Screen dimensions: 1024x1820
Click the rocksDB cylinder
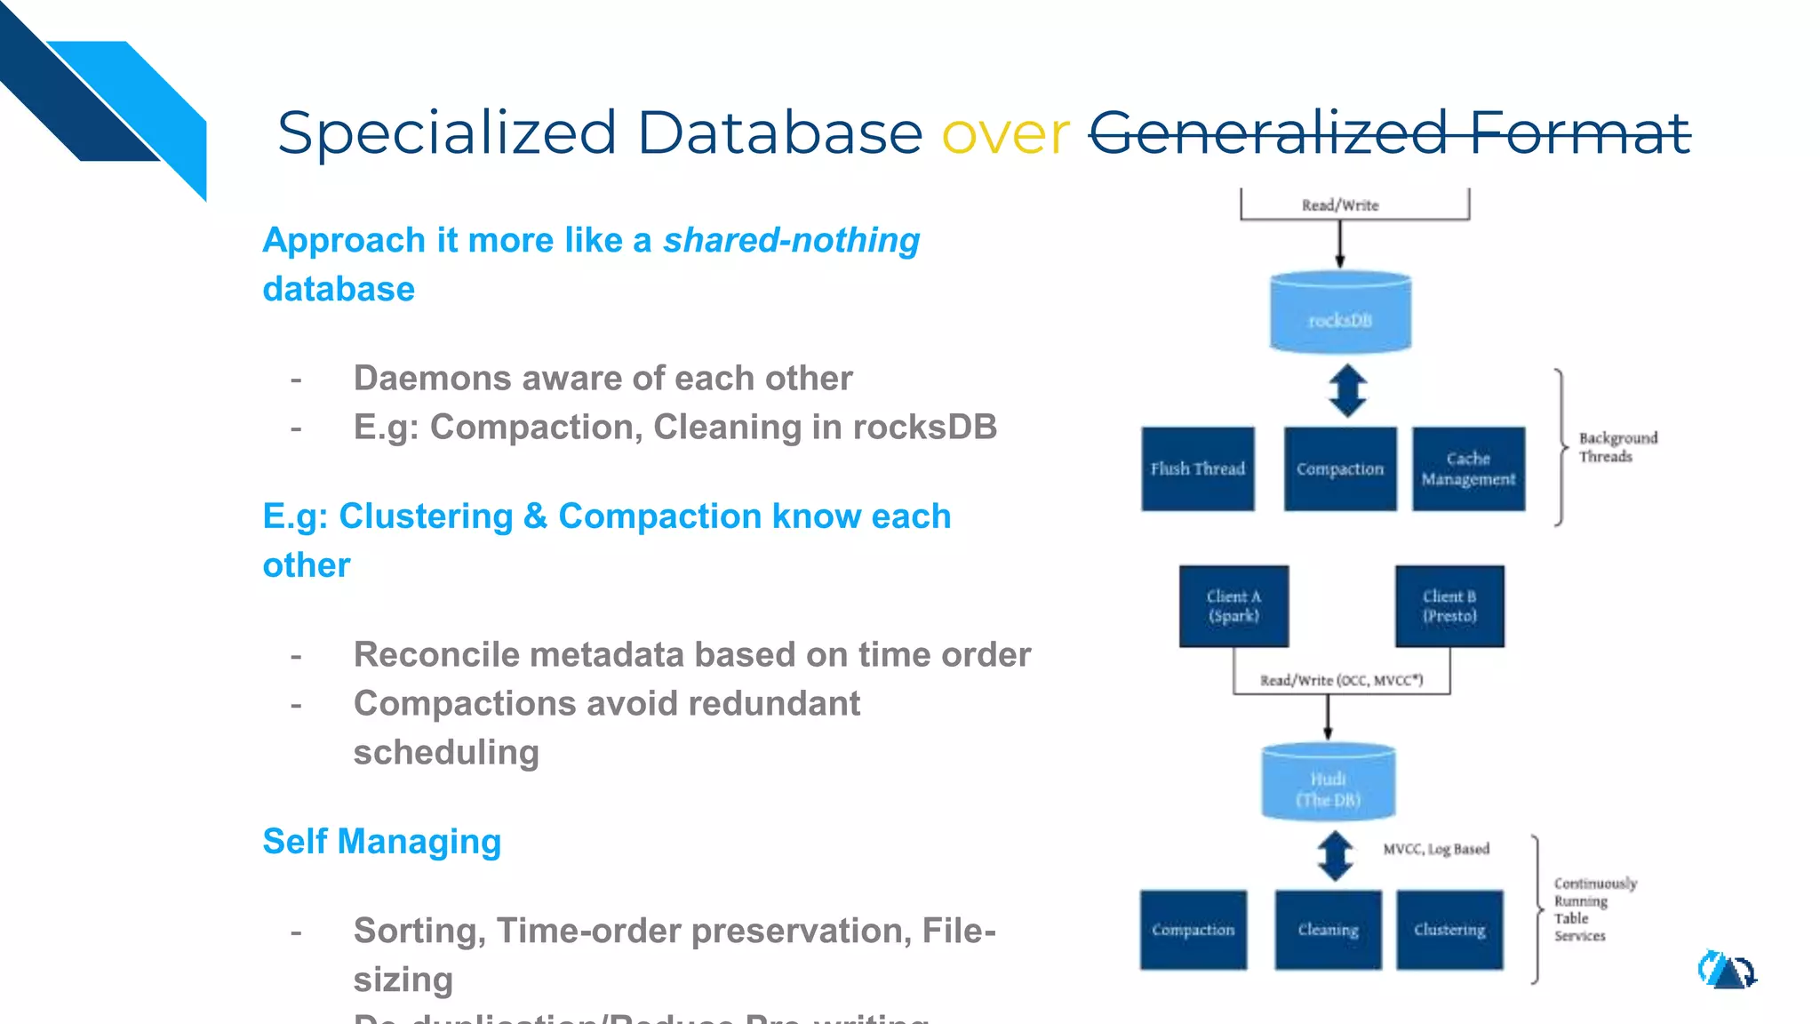click(x=1340, y=312)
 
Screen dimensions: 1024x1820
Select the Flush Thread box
click(x=1198, y=468)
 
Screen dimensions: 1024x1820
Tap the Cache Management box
click(x=1468, y=468)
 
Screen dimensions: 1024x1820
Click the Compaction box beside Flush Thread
click(x=1340, y=468)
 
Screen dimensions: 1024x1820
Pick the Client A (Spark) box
click(x=1233, y=606)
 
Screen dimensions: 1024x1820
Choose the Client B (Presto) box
click(x=1449, y=606)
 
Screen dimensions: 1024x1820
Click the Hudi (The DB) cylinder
click(x=1329, y=782)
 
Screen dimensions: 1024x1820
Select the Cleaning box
click(x=1328, y=930)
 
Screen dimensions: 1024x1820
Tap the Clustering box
click(x=1449, y=930)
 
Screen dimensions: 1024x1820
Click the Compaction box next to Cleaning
click(x=1193, y=930)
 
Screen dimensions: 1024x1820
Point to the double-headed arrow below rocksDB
click(x=1347, y=391)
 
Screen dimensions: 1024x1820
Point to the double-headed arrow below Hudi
click(x=1335, y=855)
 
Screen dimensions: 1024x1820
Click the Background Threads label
click(x=1617, y=447)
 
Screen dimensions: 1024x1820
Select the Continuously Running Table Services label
click(x=1594, y=909)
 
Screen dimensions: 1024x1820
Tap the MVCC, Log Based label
click(x=1436, y=849)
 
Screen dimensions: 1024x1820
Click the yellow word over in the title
click(x=1005, y=134)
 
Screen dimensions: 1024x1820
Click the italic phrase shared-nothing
click(x=791, y=240)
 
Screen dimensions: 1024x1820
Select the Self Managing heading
click(x=382, y=841)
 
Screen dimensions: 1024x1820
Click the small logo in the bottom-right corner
click(x=1726, y=970)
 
